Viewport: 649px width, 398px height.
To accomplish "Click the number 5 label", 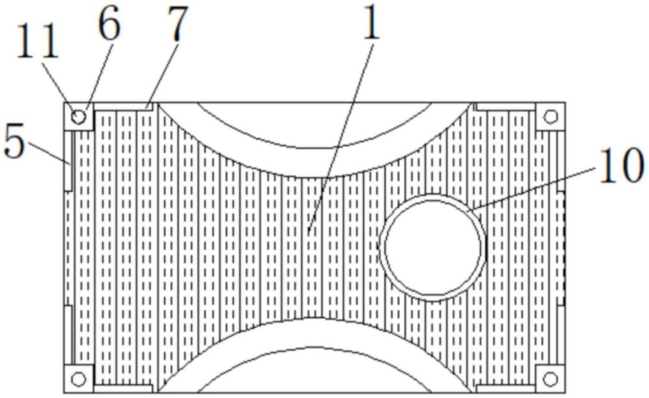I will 14,142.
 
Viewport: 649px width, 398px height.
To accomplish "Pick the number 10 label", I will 620,166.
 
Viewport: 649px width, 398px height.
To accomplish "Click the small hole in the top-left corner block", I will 79,117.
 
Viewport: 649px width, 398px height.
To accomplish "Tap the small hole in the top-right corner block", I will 550,117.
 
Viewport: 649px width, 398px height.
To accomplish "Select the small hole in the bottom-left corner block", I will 79,378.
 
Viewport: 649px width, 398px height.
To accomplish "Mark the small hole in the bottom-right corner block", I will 550,378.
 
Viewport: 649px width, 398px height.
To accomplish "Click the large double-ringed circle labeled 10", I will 432,247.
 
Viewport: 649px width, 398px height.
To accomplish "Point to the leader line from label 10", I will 532,188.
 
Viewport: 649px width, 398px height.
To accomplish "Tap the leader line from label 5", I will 49,153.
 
